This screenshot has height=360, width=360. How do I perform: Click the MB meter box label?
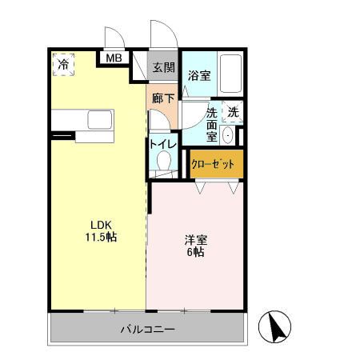point(114,58)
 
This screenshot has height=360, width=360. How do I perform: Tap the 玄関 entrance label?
point(163,68)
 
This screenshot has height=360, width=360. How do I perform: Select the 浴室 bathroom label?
point(198,76)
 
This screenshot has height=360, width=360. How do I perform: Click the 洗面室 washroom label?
point(212,125)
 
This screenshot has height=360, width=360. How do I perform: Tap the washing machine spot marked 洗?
point(233,113)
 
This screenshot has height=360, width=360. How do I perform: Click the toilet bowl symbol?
point(164,162)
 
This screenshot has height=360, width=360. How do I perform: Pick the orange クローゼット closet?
point(213,164)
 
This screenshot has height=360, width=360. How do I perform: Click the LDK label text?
point(101,225)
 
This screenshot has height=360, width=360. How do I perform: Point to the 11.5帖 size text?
point(102,238)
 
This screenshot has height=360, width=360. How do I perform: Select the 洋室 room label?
point(194,239)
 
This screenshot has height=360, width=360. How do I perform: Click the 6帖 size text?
point(194,252)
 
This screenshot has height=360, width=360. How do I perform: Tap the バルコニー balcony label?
point(147,330)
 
